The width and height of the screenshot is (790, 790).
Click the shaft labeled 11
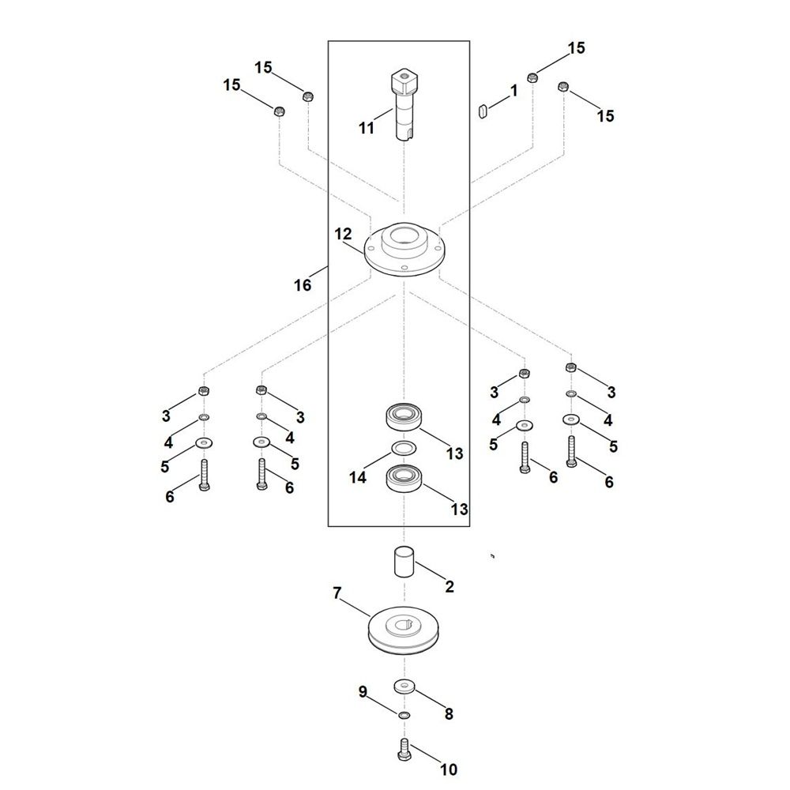point(404,107)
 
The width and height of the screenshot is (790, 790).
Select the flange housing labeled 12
point(404,251)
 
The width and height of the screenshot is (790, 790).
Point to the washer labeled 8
point(404,686)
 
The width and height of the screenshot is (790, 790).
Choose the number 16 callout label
point(303,285)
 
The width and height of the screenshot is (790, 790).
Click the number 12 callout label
point(343,235)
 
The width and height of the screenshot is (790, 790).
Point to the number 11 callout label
point(366,128)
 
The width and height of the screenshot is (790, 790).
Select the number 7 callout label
point(337,593)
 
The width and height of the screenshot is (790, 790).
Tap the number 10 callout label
point(448,769)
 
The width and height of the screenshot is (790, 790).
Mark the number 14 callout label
point(358,477)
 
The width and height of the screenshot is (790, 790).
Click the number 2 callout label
point(450,587)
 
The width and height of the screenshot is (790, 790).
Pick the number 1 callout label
point(514,91)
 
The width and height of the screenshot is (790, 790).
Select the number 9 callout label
point(363,692)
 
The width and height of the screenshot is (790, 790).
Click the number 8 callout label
point(448,714)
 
